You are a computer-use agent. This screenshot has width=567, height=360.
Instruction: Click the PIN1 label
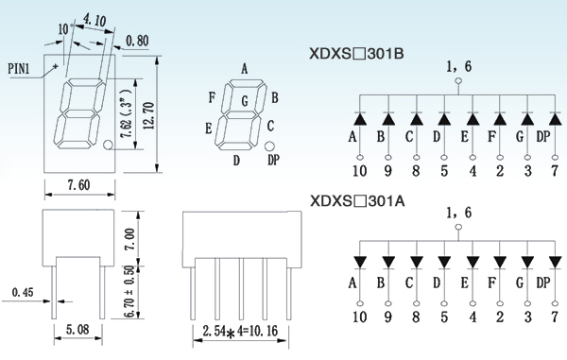point(19,68)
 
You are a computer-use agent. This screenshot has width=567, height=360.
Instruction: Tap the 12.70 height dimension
point(148,115)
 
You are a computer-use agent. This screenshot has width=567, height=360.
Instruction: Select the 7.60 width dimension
point(78,185)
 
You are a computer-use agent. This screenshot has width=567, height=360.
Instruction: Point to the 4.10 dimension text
point(94,20)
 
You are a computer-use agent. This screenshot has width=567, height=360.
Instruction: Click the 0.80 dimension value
point(137,41)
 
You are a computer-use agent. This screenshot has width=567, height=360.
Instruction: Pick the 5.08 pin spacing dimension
point(77,329)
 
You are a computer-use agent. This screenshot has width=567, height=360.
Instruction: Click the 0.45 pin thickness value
point(23,292)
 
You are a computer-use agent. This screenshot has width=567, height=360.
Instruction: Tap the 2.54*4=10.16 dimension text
point(240,331)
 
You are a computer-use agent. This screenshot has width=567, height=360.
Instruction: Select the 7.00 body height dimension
point(129,239)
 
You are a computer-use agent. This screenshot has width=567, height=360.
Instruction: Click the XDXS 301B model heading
point(356,54)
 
